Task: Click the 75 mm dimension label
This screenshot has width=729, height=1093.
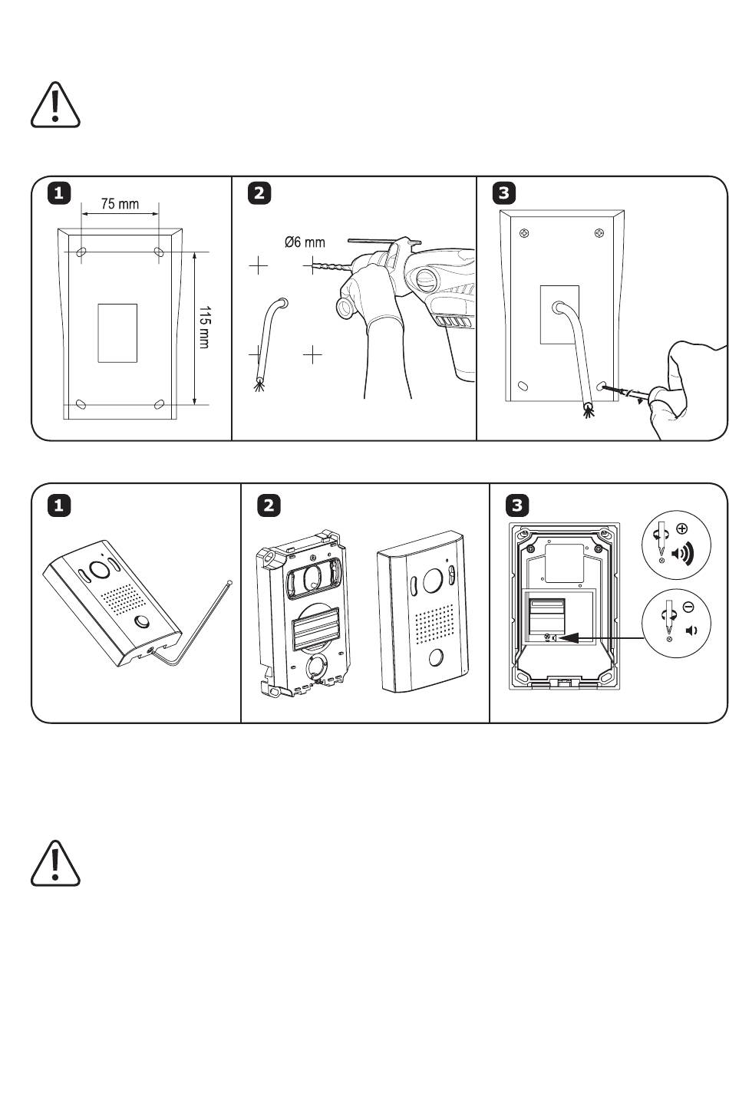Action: click(120, 203)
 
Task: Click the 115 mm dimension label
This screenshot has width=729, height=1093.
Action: click(204, 327)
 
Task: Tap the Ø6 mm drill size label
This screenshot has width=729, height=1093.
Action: click(305, 242)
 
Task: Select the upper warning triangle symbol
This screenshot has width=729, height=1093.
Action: click(55, 105)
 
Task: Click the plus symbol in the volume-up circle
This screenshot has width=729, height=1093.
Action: click(681, 528)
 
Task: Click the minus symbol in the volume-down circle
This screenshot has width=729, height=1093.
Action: click(688, 607)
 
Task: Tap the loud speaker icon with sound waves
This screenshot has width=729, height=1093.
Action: click(682, 553)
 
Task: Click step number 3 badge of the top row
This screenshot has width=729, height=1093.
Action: click(503, 193)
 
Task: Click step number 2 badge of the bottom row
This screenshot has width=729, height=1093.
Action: click(269, 505)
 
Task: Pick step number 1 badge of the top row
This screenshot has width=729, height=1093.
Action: click(58, 193)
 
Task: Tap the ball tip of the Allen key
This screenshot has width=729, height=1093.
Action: click(229, 582)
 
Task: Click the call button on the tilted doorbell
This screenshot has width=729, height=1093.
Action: click(142, 622)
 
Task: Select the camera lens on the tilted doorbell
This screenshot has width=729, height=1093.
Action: click(100, 569)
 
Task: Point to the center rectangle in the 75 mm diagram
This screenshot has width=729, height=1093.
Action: click(117, 333)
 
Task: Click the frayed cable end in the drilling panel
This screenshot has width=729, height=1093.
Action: click(259, 386)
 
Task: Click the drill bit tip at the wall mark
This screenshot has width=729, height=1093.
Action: click(313, 266)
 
